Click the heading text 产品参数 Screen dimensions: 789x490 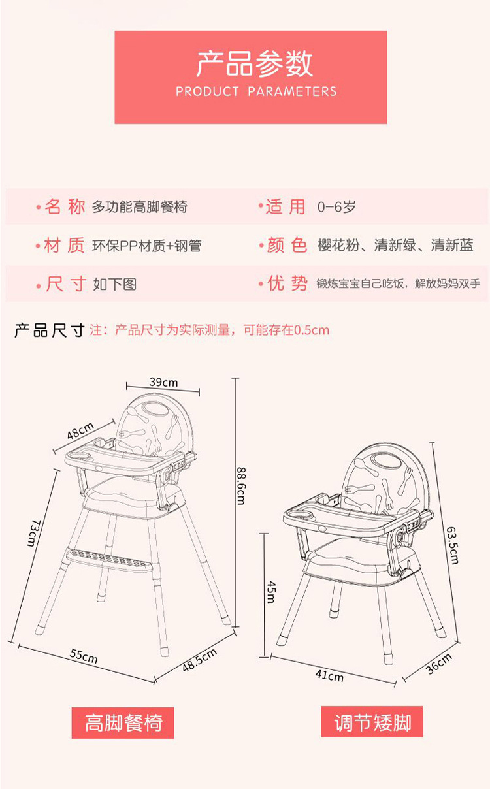click(x=255, y=63)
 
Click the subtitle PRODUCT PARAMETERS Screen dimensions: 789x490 click(x=256, y=91)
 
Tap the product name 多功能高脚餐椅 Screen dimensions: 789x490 click(x=140, y=207)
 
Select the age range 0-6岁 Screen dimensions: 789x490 click(x=336, y=207)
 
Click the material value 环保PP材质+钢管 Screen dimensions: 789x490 click(x=147, y=246)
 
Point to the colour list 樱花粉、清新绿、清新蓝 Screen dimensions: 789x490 click(x=395, y=246)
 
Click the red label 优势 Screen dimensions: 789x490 click(x=287, y=283)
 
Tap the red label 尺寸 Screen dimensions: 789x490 click(x=65, y=284)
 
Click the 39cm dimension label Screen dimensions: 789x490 click(x=163, y=382)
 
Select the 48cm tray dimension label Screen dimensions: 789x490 click(x=80, y=432)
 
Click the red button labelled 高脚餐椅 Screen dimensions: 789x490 click(x=123, y=722)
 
